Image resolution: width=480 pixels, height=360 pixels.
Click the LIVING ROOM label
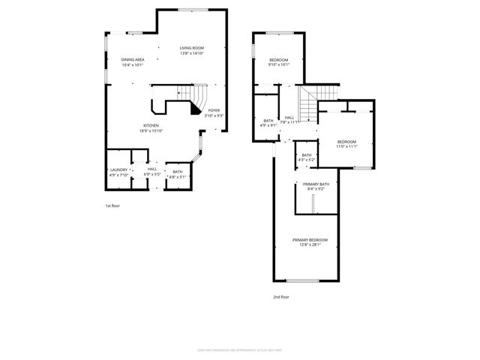coord(192,48)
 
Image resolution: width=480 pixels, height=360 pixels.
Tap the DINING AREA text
coord(133,60)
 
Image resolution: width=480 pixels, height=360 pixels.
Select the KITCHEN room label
coord(151,125)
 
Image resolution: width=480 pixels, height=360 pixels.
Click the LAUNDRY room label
coord(119,170)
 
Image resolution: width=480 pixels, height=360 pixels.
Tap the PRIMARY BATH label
coord(316,184)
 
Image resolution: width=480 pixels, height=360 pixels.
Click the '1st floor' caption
coord(113,205)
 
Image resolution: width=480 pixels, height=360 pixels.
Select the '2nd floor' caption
coord(280,297)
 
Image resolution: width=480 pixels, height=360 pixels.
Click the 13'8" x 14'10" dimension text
coord(192,53)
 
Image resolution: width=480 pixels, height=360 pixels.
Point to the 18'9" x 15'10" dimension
coord(151,130)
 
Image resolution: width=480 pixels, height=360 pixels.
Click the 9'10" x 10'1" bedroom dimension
coord(279,64)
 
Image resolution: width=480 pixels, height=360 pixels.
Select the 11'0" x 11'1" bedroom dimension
coord(346,146)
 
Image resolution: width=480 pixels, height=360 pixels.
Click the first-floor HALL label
coord(152,169)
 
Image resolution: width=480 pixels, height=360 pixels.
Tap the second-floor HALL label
coord(289,117)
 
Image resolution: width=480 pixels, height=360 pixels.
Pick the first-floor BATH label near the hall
coord(177,172)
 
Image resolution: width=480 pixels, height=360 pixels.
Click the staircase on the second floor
coord(309,97)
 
